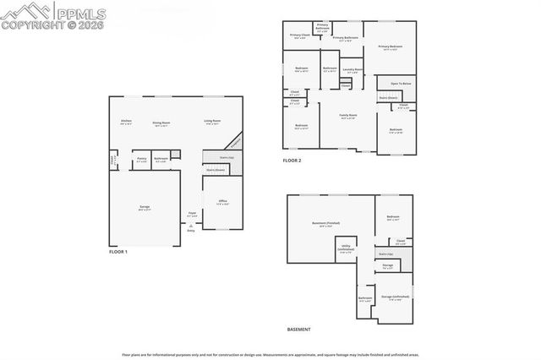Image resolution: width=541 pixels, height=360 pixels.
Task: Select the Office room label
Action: pos(222,202)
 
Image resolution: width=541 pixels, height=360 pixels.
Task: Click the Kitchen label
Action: pos(126,122)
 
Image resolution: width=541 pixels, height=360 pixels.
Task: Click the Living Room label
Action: pos(212,122)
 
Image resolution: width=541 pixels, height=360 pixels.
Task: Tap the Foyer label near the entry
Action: pos(192,214)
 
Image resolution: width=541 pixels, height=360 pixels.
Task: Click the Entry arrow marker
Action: pos(191,225)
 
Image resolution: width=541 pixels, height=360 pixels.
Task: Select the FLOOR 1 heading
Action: pos(119,252)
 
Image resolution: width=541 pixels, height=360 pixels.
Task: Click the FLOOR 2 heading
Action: pos(292,161)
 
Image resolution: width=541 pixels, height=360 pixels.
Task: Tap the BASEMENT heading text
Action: pos(298,329)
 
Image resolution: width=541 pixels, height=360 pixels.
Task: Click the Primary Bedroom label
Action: pos(390,47)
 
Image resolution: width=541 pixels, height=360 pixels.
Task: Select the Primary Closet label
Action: pos(299,35)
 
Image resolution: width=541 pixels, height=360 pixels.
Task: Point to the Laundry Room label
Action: pos(352,69)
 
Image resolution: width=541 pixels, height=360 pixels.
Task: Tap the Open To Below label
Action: pos(401,84)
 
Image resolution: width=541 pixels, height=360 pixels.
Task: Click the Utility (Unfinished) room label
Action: pos(346,249)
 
